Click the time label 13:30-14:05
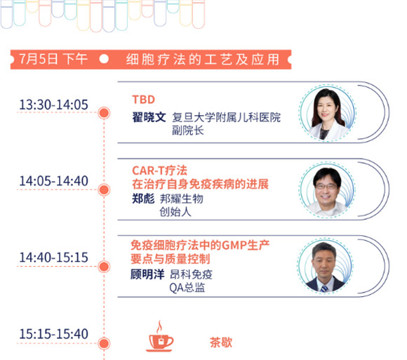coord(54,105)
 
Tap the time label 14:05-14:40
coord(54,181)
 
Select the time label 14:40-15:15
coord(54,258)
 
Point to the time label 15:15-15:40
coord(54,334)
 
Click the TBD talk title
coord(144,100)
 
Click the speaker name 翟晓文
coord(149,117)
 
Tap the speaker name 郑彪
coord(143,199)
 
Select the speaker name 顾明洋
coord(147,274)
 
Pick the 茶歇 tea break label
coord(221,342)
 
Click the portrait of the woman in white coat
coord(328,113)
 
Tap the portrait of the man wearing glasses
coord(327,189)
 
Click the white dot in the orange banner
coord(104,59)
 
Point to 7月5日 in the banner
coord(39,59)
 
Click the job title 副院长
coord(188,131)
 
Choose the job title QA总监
coord(187,288)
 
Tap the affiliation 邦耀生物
coord(182,199)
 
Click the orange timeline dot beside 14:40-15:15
coord(104,267)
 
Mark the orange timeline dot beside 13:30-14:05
coord(104,113)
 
